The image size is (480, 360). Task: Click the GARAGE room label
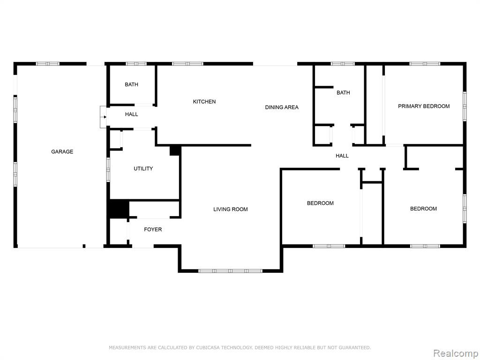click(x=62, y=151)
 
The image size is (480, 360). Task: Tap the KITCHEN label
click(x=204, y=102)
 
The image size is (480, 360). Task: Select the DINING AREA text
click(x=282, y=107)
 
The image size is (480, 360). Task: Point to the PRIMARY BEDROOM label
click(x=424, y=106)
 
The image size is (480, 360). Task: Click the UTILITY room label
click(x=143, y=169)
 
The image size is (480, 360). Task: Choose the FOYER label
click(x=153, y=229)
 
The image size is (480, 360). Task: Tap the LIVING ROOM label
click(x=231, y=210)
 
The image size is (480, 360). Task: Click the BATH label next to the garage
click(x=131, y=84)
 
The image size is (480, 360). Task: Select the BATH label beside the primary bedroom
click(x=343, y=93)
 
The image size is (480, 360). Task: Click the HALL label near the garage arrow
click(x=131, y=114)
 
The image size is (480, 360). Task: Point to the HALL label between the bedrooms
click(x=342, y=156)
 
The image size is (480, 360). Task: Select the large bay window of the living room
click(x=230, y=271)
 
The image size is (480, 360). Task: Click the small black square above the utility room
click(x=174, y=150)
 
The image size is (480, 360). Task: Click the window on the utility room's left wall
click(x=108, y=170)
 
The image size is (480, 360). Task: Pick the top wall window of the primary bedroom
click(x=425, y=64)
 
